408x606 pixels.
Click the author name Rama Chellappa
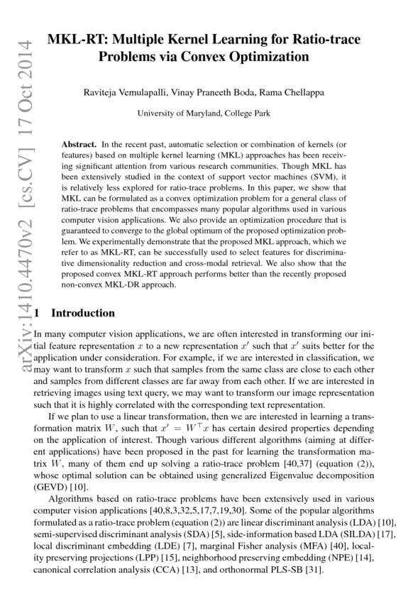pos(286,92)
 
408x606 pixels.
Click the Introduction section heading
pos(83,313)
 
